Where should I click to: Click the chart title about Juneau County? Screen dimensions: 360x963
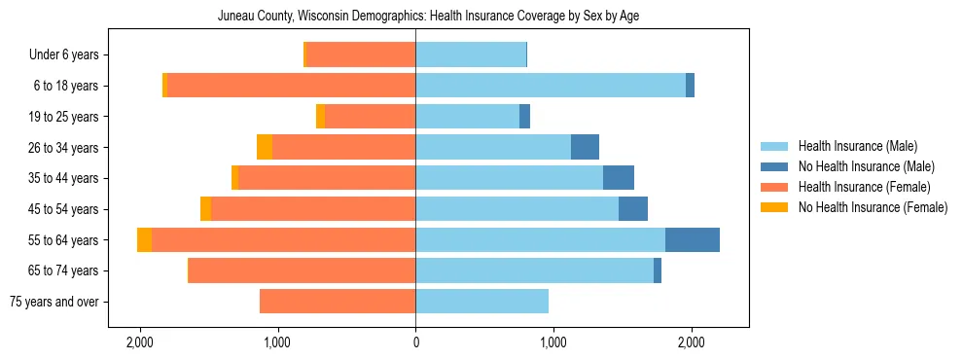(x=428, y=17)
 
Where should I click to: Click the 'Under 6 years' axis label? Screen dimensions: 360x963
(x=70, y=55)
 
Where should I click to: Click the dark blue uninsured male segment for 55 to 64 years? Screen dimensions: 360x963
(x=692, y=239)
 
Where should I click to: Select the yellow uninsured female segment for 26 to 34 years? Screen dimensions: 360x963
(x=264, y=147)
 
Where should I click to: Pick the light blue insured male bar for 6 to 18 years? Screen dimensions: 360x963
(x=550, y=86)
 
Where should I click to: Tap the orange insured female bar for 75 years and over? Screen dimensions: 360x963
(x=338, y=302)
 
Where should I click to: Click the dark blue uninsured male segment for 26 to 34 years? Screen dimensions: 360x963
(x=585, y=147)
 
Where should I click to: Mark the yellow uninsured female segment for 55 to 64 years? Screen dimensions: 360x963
(x=144, y=239)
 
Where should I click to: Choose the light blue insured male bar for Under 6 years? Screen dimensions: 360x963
(x=471, y=54)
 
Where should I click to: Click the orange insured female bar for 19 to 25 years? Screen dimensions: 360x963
(x=370, y=117)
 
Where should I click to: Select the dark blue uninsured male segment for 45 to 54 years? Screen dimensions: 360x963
(x=633, y=209)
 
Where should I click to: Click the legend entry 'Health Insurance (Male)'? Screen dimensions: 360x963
(x=857, y=146)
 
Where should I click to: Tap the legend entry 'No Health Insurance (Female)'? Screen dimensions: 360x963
(x=873, y=207)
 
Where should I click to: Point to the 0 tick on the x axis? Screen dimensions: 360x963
(x=415, y=342)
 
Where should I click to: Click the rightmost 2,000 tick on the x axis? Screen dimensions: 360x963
(x=691, y=342)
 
